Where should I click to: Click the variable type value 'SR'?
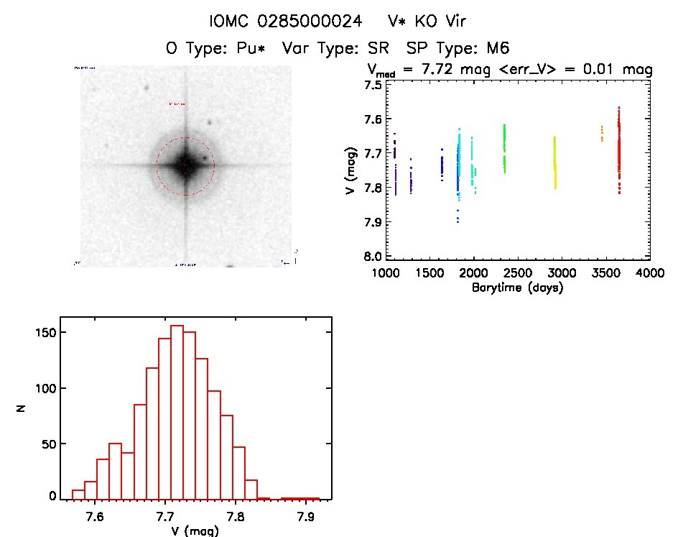pos(381,49)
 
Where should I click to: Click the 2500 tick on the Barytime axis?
pos(518,274)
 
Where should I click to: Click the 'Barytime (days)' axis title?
pos(517,288)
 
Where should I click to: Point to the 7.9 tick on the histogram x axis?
pos(307,515)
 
